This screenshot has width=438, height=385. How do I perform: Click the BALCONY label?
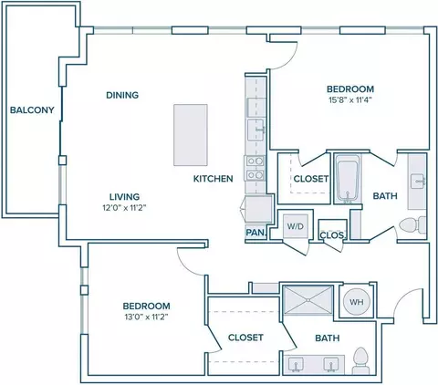[x=32, y=109]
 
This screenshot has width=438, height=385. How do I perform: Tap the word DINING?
[x=122, y=95]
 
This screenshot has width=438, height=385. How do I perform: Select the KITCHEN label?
[x=214, y=179]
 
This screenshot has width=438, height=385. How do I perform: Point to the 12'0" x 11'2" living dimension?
[x=124, y=208]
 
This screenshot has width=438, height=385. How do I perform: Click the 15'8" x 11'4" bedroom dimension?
[x=350, y=100]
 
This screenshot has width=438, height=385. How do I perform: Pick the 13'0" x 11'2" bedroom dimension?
[x=146, y=317]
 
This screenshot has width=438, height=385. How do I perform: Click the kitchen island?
[x=191, y=135]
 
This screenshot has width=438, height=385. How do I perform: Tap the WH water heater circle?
[x=357, y=302]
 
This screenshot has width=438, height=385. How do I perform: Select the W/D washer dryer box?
[x=296, y=226]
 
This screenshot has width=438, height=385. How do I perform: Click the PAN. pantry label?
[x=255, y=233]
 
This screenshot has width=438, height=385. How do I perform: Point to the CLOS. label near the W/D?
[x=332, y=235]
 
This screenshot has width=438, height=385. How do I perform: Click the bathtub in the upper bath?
[x=348, y=179]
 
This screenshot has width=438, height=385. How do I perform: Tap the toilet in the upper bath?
[x=412, y=225]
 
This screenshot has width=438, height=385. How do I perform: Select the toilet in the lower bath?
[x=360, y=360]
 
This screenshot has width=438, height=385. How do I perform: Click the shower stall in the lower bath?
[x=308, y=300]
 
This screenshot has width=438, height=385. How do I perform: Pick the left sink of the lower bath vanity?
[x=296, y=365]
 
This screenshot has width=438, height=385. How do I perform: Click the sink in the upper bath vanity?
[x=417, y=182]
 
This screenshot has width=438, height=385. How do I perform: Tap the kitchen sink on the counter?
[x=255, y=130]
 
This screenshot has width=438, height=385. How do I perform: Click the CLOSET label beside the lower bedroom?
[x=245, y=338]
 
